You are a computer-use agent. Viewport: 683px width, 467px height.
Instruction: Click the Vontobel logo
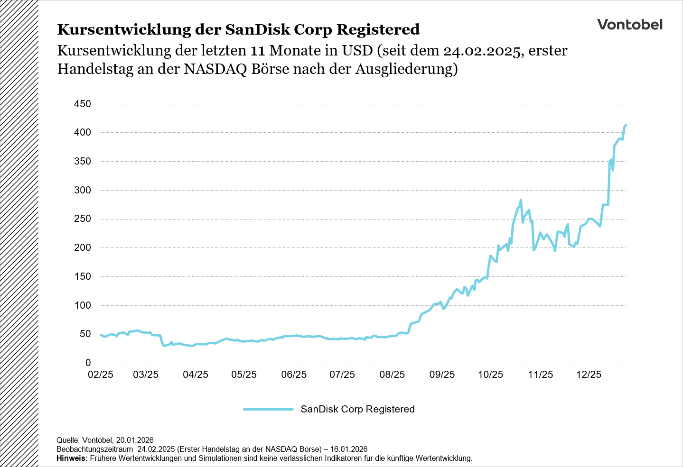[629, 25]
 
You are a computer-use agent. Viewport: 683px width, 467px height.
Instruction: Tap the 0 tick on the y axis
[88, 363]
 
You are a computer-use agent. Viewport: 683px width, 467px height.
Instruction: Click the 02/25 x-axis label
[101, 375]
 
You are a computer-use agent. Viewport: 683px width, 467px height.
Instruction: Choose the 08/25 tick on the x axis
[392, 375]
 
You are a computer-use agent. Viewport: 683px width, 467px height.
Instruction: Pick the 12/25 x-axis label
[589, 375]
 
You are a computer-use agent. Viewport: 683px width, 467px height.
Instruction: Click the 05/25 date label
[244, 375]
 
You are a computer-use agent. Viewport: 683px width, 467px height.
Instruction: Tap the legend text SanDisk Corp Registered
[357, 409]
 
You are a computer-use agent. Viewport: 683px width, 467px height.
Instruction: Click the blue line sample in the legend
[268, 409]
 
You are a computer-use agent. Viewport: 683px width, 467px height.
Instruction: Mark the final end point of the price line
[626, 125]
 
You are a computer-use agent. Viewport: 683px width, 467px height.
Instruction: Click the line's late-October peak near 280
[521, 200]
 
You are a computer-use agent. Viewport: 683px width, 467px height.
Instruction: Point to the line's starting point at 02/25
[101, 335]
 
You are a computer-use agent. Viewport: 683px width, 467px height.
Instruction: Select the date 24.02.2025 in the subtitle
[481, 51]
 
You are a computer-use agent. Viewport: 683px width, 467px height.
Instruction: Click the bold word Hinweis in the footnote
[72, 458]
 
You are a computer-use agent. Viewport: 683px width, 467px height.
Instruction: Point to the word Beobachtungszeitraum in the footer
[94, 449]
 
